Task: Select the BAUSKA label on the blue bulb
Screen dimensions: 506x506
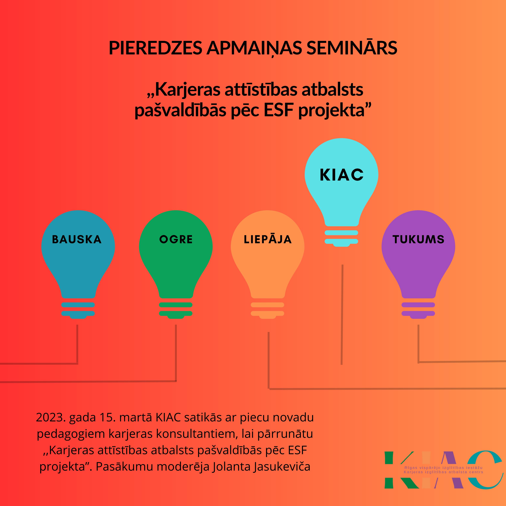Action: click(x=77, y=239)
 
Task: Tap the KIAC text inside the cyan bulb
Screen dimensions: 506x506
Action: click(x=342, y=175)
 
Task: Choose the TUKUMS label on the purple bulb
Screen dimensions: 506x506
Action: click(x=418, y=239)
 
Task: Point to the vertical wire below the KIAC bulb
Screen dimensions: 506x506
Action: click(x=342, y=314)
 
